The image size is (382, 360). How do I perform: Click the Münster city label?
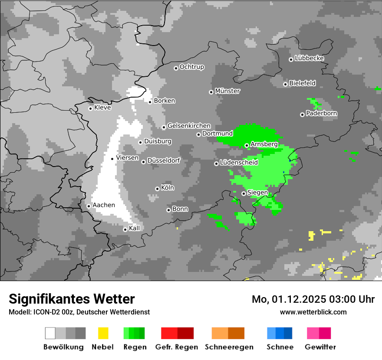point(227,91)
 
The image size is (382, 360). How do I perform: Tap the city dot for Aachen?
point(89,206)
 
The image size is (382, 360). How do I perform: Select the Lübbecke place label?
point(309,58)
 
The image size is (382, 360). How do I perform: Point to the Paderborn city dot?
point(302,115)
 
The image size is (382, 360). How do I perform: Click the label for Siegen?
point(257,193)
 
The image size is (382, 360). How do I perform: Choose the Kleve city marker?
point(90,108)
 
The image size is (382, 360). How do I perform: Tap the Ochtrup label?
point(191,67)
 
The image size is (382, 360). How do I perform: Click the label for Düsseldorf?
point(164,160)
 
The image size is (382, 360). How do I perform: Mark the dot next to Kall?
point(125,229)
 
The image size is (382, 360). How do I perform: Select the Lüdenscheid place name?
point(239,163)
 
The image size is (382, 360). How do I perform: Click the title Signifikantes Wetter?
point(72,299)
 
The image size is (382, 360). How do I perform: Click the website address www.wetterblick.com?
point(313,312)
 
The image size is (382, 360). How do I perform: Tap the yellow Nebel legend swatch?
point(103,333)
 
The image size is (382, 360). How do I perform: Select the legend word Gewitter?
point(320,347)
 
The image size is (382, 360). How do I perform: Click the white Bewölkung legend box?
point(50,333)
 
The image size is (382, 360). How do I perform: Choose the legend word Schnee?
point(280,347)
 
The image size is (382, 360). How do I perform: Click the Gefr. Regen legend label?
point(177,347)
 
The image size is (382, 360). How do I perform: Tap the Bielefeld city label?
point(302,83)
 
